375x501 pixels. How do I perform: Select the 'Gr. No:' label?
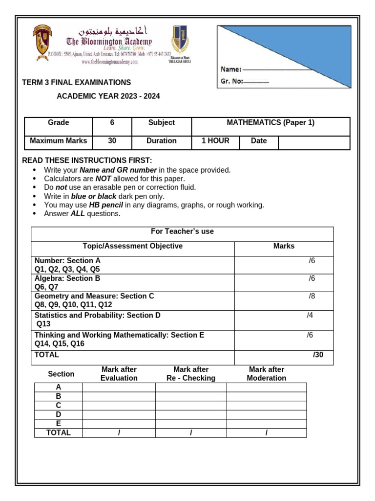[x=232, y=82]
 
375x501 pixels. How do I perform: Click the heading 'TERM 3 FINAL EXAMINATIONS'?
[x=77, y=83]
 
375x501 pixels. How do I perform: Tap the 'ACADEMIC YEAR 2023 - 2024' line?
[x=108, y=96]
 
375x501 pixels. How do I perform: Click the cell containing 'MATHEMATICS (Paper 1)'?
[x=271, y=123]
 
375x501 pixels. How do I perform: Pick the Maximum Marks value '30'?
[x=112, y=141]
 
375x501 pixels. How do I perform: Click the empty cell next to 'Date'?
[x=313, y=142]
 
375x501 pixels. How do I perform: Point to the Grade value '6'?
[x=112, y=123]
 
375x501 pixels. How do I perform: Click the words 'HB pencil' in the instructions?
[x=106, y=205]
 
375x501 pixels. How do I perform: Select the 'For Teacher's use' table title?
[x=182, y=231]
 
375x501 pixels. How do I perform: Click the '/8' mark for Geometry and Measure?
[x=312, y=296]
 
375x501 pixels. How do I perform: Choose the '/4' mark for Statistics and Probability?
[x=310, y=316]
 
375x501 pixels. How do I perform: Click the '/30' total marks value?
[x=318, y=355]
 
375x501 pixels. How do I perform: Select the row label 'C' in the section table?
[x=58, y=405]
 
